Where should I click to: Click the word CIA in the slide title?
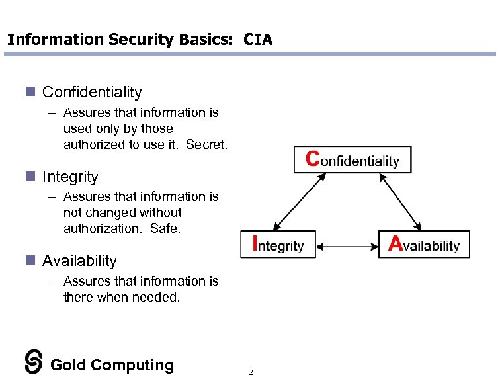click(258, 40)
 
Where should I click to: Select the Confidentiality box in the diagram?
click(353, 159)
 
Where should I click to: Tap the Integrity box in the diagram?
click(278, 245)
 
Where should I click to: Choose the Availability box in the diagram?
click(424, 245)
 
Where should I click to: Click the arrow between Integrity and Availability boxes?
click(347, 247)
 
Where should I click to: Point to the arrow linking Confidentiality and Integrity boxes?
click(299, 202)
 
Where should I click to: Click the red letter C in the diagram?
click(313, 159)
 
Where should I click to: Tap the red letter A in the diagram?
click(396, 244)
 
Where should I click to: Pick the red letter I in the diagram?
click(257, 244)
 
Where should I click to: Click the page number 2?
click(251, 372)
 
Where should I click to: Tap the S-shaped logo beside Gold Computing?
click(34, 361)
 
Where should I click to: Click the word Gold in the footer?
click(68, 365)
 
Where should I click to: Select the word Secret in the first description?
click(206, 144)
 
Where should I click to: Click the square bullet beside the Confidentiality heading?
click(29, 91)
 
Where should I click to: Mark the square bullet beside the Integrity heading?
click(29, 176)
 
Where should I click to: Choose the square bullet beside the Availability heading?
click(29, 260)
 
